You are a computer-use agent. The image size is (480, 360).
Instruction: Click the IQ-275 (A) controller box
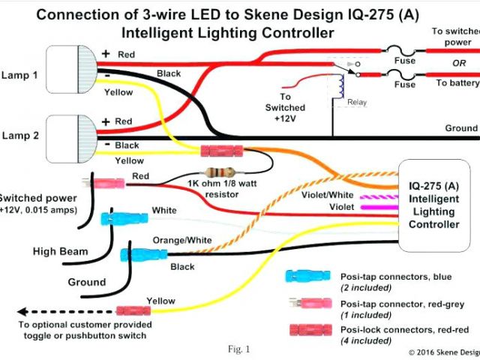pos(434,205)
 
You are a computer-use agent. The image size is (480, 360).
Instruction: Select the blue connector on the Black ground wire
pos(138,255)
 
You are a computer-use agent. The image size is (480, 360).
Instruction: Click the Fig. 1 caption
pos(238,349)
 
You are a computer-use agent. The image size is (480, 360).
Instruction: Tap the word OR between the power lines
pos(459,63)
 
